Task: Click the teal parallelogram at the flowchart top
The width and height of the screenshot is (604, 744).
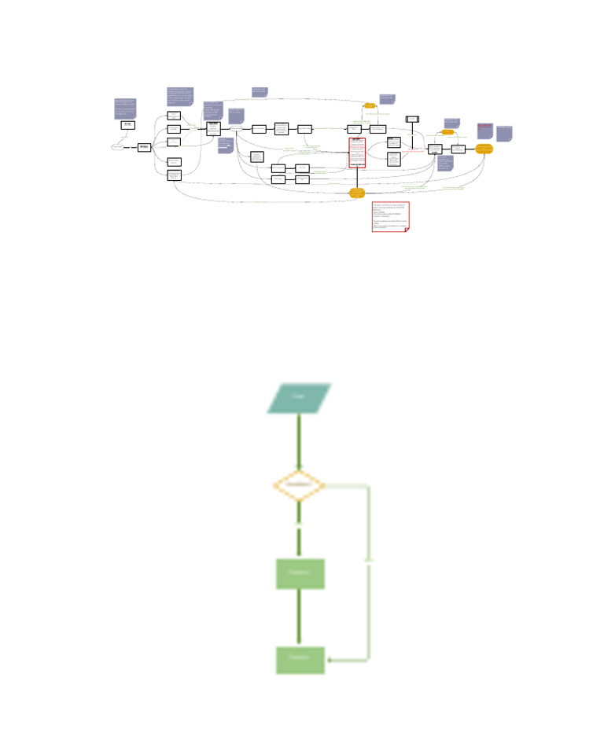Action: (x=299, y=398)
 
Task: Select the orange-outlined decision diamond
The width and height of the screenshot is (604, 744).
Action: (x=298, y=485)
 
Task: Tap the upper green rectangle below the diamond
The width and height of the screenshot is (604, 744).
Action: (x=300, y=573)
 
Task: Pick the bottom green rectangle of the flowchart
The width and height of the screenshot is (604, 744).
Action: (x=300, y=659)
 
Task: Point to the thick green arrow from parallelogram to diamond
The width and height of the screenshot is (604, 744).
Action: (x=299, y=441)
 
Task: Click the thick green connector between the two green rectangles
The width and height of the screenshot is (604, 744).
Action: (x=299, y=617)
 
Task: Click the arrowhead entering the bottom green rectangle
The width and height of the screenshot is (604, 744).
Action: (x=330, y=660)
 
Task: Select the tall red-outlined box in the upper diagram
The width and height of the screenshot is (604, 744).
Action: (x=357, y=153)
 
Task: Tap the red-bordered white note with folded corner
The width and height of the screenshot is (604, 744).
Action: (x=390, y=216)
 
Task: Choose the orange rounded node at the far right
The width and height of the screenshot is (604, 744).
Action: (x=484, y=149)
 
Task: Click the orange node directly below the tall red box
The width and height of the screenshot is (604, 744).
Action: (x=357, y=192)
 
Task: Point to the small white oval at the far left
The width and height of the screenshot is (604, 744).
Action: (x=118, y=147)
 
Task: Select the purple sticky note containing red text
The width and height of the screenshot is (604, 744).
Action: (x=484, y=131)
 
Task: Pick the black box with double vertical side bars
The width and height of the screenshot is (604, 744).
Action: (x=412, y=120)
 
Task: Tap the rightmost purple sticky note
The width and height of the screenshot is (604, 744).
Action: (x=504, y=133)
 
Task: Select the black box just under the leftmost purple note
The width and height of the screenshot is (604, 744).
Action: (x=128, y=125)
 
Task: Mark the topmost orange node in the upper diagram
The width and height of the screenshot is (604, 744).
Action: (x=370, y=105)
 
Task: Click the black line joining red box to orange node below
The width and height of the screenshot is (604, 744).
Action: (x=357, y=178)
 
